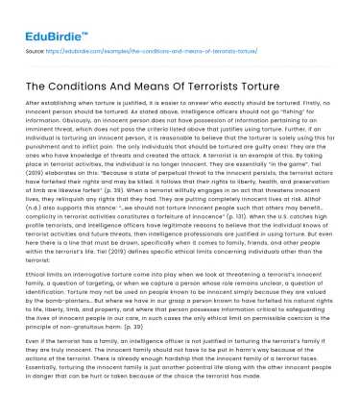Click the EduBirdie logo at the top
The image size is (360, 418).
pyautogui.click(x=47, y=19)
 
